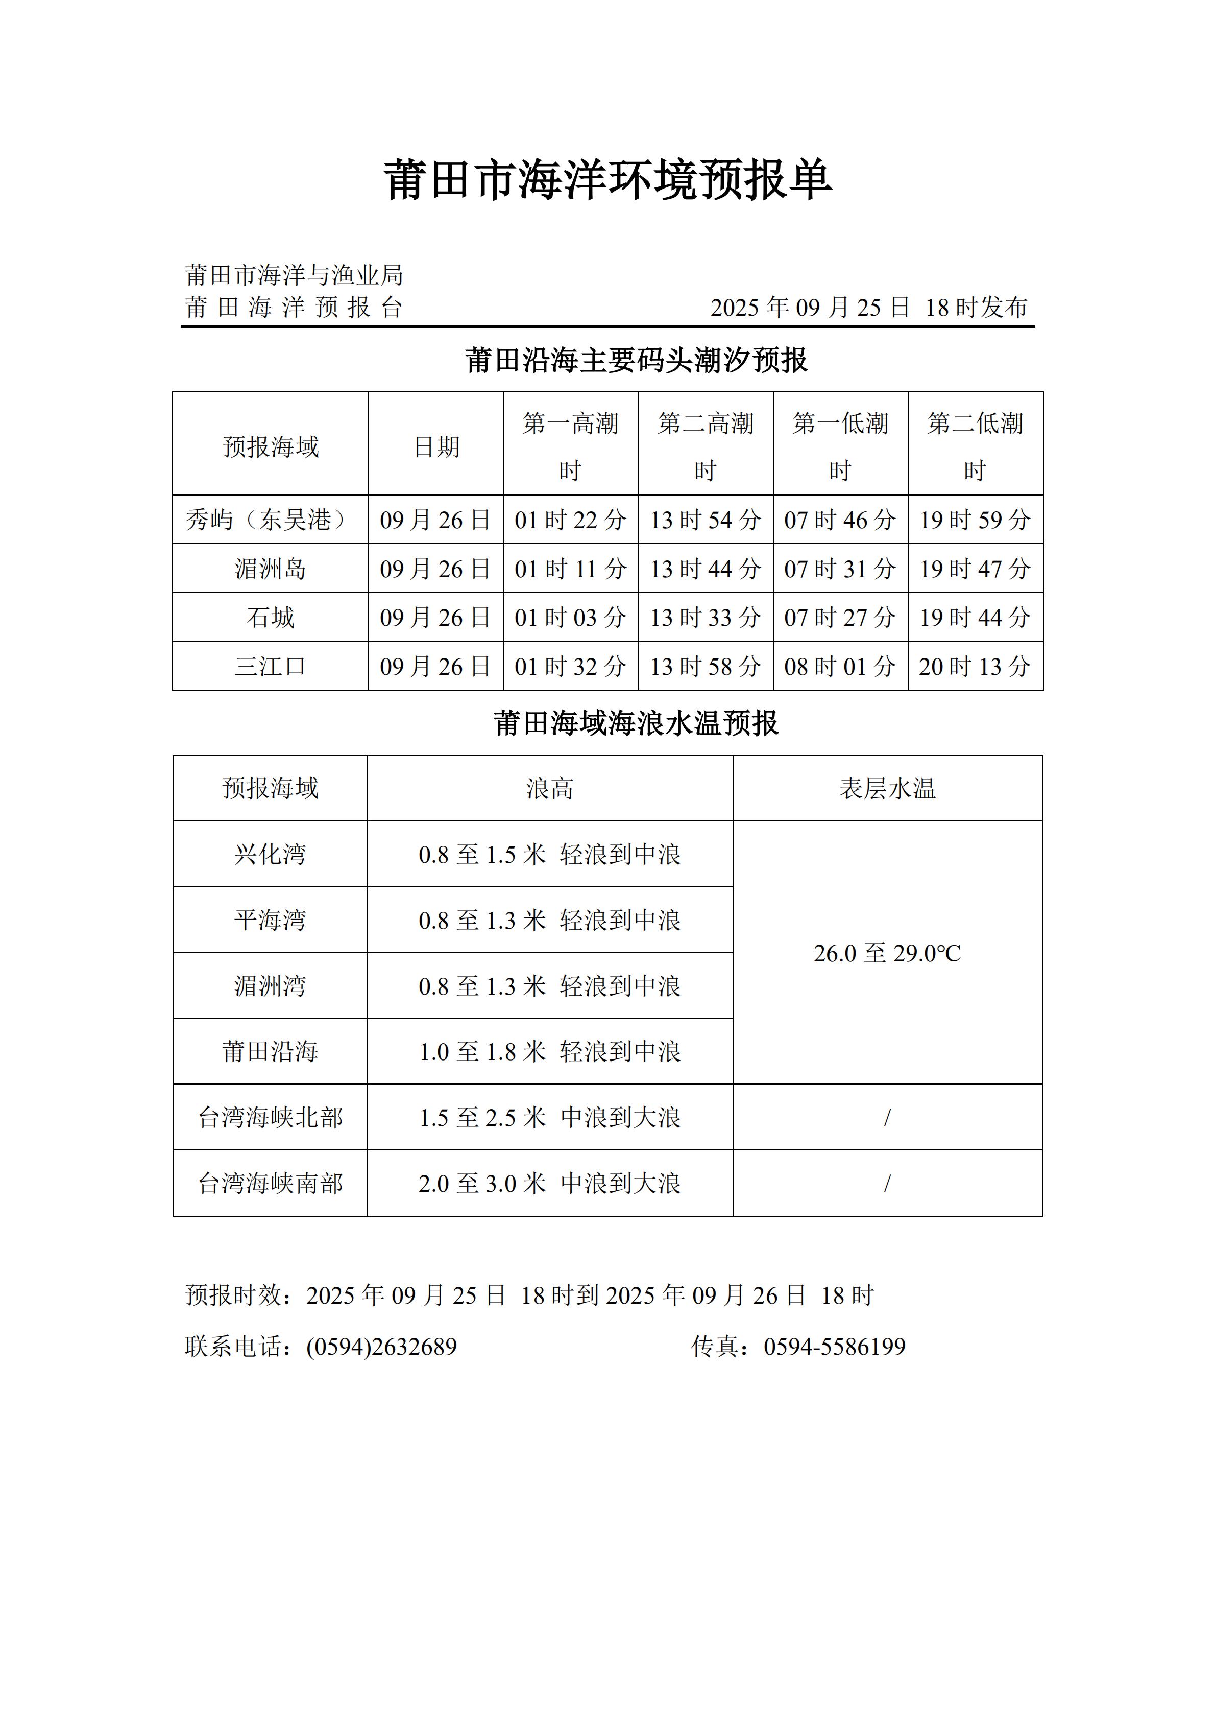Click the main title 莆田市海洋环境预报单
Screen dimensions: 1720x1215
click(607, 180)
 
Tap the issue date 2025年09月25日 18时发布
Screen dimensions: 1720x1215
click(868, 307)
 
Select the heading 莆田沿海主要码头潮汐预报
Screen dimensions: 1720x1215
click(636, 360)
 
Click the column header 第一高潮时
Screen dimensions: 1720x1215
click(570, 446)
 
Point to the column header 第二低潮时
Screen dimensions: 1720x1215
click(975, 446)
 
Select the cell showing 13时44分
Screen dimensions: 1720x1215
click(705, 569)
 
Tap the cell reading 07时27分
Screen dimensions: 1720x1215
click(840, 617)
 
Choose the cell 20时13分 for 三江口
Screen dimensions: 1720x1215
click(975, 666)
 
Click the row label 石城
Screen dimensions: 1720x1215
click(270, 617)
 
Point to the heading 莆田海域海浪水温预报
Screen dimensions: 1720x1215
click(636, 724)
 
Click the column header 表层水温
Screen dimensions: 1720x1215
click(887, 788)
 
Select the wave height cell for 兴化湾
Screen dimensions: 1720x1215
click(549, 854)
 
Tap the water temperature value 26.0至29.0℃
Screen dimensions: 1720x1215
click(887, 953)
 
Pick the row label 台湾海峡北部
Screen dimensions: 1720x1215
click(270, 1118)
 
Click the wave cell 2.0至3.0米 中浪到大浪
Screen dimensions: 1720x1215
click(549, 1184)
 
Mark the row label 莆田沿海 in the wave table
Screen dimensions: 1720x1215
click(270, 1052)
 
